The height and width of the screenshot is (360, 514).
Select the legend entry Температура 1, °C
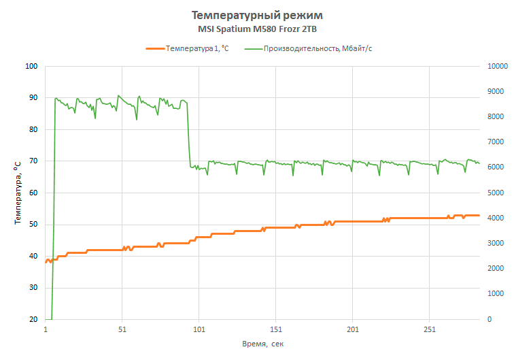pos(197,49)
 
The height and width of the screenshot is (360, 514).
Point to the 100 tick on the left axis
pos(31,67)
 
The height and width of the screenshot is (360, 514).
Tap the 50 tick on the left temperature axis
pos(33,225)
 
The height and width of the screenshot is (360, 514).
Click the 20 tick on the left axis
pos(33,320)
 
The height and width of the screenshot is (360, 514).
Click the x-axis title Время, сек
pos(262,344)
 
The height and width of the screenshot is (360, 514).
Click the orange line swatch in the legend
pos(156,49)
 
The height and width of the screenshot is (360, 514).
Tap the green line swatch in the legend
pos(254,49)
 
